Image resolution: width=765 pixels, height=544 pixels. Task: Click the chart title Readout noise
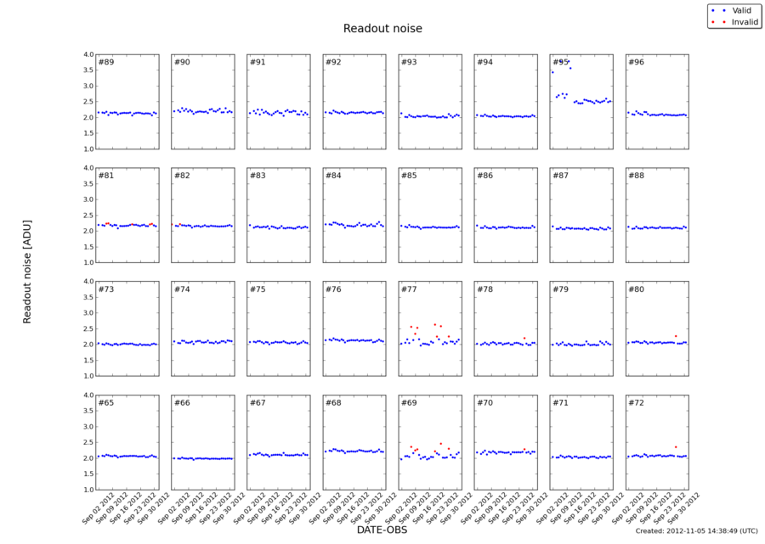[382, 29]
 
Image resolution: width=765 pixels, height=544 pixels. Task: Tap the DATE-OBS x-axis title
[382, 530]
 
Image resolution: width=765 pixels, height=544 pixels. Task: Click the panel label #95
[559, 62]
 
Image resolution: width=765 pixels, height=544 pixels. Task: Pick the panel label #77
[409, 289]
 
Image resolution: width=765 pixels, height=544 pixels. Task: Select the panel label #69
[409, 402]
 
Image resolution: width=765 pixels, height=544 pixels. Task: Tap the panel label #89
[106, 62]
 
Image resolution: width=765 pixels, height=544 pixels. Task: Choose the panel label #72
[636, 402]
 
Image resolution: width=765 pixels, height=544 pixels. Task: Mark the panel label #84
[333, 176]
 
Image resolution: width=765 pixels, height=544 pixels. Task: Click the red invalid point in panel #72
[676, 446]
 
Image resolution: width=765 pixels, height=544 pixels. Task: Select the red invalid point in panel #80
[676, 336]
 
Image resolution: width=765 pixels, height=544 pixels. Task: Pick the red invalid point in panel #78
[524, 339]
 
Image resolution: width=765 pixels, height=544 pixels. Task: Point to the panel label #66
[182, 402]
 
